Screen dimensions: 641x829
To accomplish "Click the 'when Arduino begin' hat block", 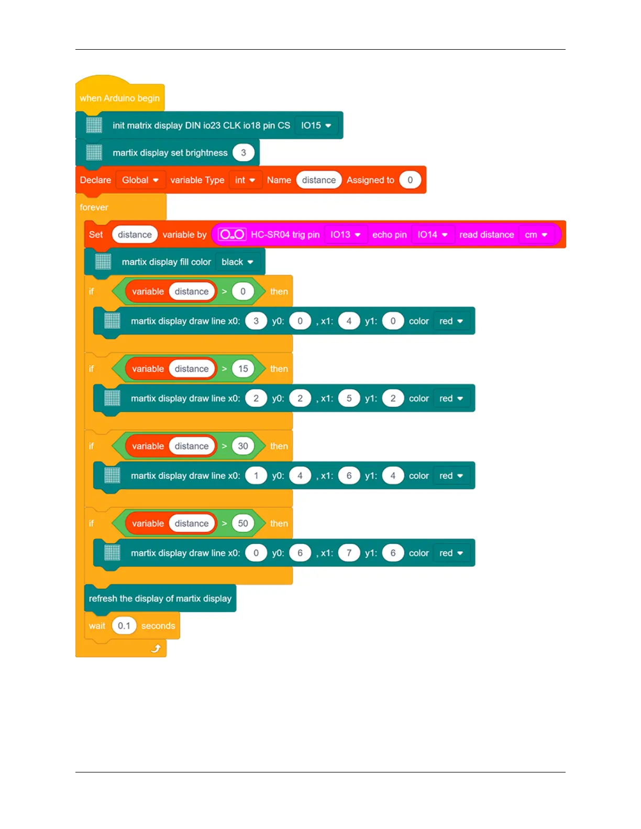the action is [119, 98].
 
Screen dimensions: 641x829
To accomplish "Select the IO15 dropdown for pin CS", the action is [316, 126].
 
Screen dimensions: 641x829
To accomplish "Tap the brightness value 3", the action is [243, 153].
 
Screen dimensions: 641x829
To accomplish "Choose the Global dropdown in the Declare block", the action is [140, 180].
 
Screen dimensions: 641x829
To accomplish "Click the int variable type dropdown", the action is [245, 180].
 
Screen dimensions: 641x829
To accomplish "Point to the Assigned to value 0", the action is [410, 180].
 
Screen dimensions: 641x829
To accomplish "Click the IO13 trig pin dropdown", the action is [345, 235].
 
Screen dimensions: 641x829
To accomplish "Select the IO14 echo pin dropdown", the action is [432, 235].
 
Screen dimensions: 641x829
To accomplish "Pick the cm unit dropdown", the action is [536, 235].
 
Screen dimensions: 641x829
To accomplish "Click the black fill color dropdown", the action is [237, 262].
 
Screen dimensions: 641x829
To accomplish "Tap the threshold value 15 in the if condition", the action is [243, 369].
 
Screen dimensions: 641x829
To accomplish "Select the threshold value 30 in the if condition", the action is [243, 446].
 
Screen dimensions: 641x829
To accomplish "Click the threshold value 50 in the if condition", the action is [243, 523].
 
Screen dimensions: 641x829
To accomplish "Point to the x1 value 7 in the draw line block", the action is [349, 553].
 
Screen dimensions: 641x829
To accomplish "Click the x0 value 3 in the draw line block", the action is [256, 321].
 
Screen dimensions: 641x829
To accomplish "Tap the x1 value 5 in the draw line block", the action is [349, 399].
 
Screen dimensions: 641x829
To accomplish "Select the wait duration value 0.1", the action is [124, 626].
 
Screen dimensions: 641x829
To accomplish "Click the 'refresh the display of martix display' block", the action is [160, 599].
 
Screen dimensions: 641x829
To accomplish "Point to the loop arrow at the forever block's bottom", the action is [156, 649].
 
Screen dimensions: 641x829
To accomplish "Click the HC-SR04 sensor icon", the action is [232, 235].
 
